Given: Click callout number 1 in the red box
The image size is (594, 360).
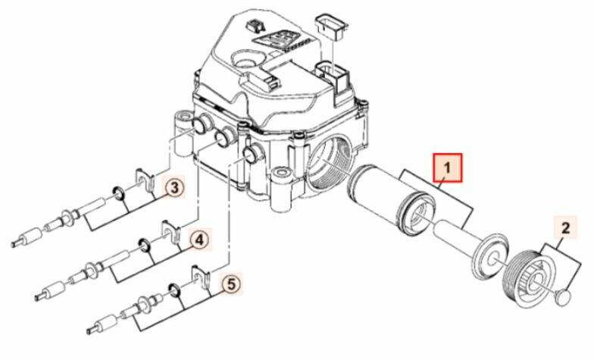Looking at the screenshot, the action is click(x=447, y=167).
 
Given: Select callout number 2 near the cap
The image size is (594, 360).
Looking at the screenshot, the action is click(x=565, y=228).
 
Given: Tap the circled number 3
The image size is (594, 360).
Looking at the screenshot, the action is click(x=174, y=188).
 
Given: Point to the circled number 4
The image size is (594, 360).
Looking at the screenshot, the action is click(x=199, y=239).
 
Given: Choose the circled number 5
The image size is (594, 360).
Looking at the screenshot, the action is click(x=232, y=283).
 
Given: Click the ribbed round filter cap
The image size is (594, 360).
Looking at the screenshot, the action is click(x=527, y=276).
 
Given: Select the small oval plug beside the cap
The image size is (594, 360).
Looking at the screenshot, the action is click(x=564, y=296).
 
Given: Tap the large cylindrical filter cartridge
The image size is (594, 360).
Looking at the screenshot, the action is click(x=391, y=199).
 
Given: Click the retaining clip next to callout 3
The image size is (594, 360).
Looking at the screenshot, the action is click(x=145, y=179).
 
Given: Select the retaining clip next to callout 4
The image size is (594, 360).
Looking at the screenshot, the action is click(x=171, y=230).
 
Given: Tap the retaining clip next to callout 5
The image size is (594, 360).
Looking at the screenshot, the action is click(x=202, y=276).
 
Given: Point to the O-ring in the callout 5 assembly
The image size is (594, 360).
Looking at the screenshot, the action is click(x=174, y=290).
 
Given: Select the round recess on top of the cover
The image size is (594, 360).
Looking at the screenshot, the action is click(x=245, y=59).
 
